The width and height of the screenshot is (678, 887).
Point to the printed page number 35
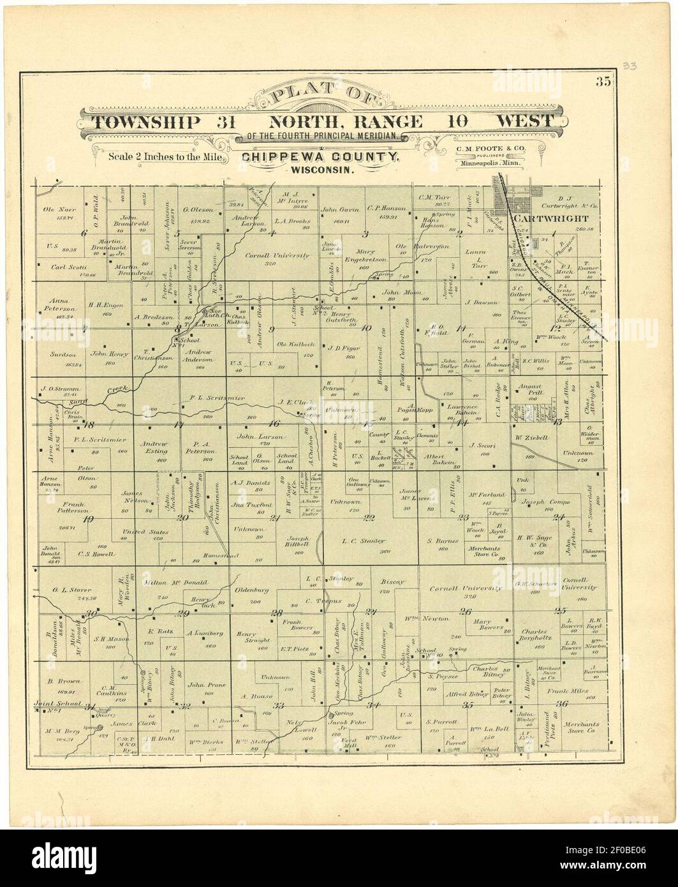click(603, 81)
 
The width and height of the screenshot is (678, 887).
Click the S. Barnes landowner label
click(443, 541)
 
